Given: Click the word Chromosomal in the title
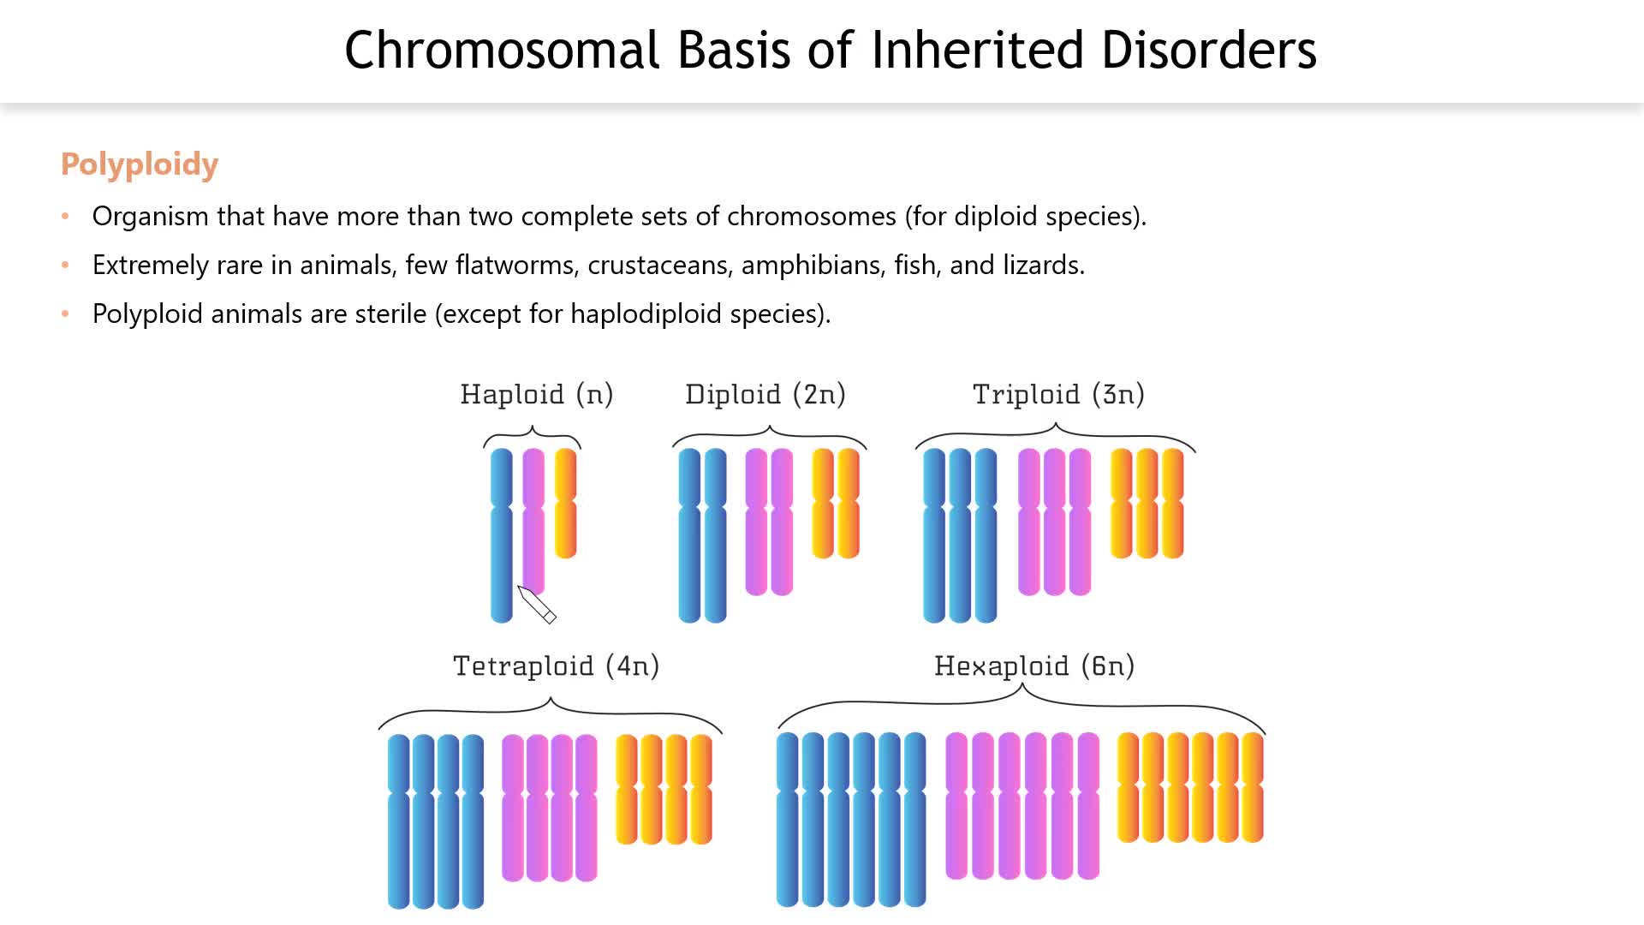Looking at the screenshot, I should pyautogui.click(x=501, y=50).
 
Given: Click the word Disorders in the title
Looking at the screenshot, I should pyautogui.click(x=1208, y=50).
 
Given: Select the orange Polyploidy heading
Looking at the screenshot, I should pyautogui.click(x=140, y=164).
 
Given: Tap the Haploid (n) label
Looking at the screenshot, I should pyautogui.click(x=537, y=394).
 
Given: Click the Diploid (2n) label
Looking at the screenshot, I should pyautogui.click(x=765, y=394).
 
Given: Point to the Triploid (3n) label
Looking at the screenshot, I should pyautogui.click(x=1058, y=394).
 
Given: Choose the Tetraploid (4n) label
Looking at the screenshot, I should pyautogui.click(x=556, y=665).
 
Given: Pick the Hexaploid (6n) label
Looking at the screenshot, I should pyautogui.click(x=1034, y=665).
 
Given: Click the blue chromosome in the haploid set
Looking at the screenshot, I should pyautogui.click(x=502, y=535).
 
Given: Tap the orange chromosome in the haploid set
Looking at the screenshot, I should pyautogui.click(x=566, y=503).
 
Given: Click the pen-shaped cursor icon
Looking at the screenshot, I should pyautogui.click(x=537, y=605).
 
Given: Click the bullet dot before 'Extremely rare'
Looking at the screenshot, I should pyautogui.click(x=65, y=266).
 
